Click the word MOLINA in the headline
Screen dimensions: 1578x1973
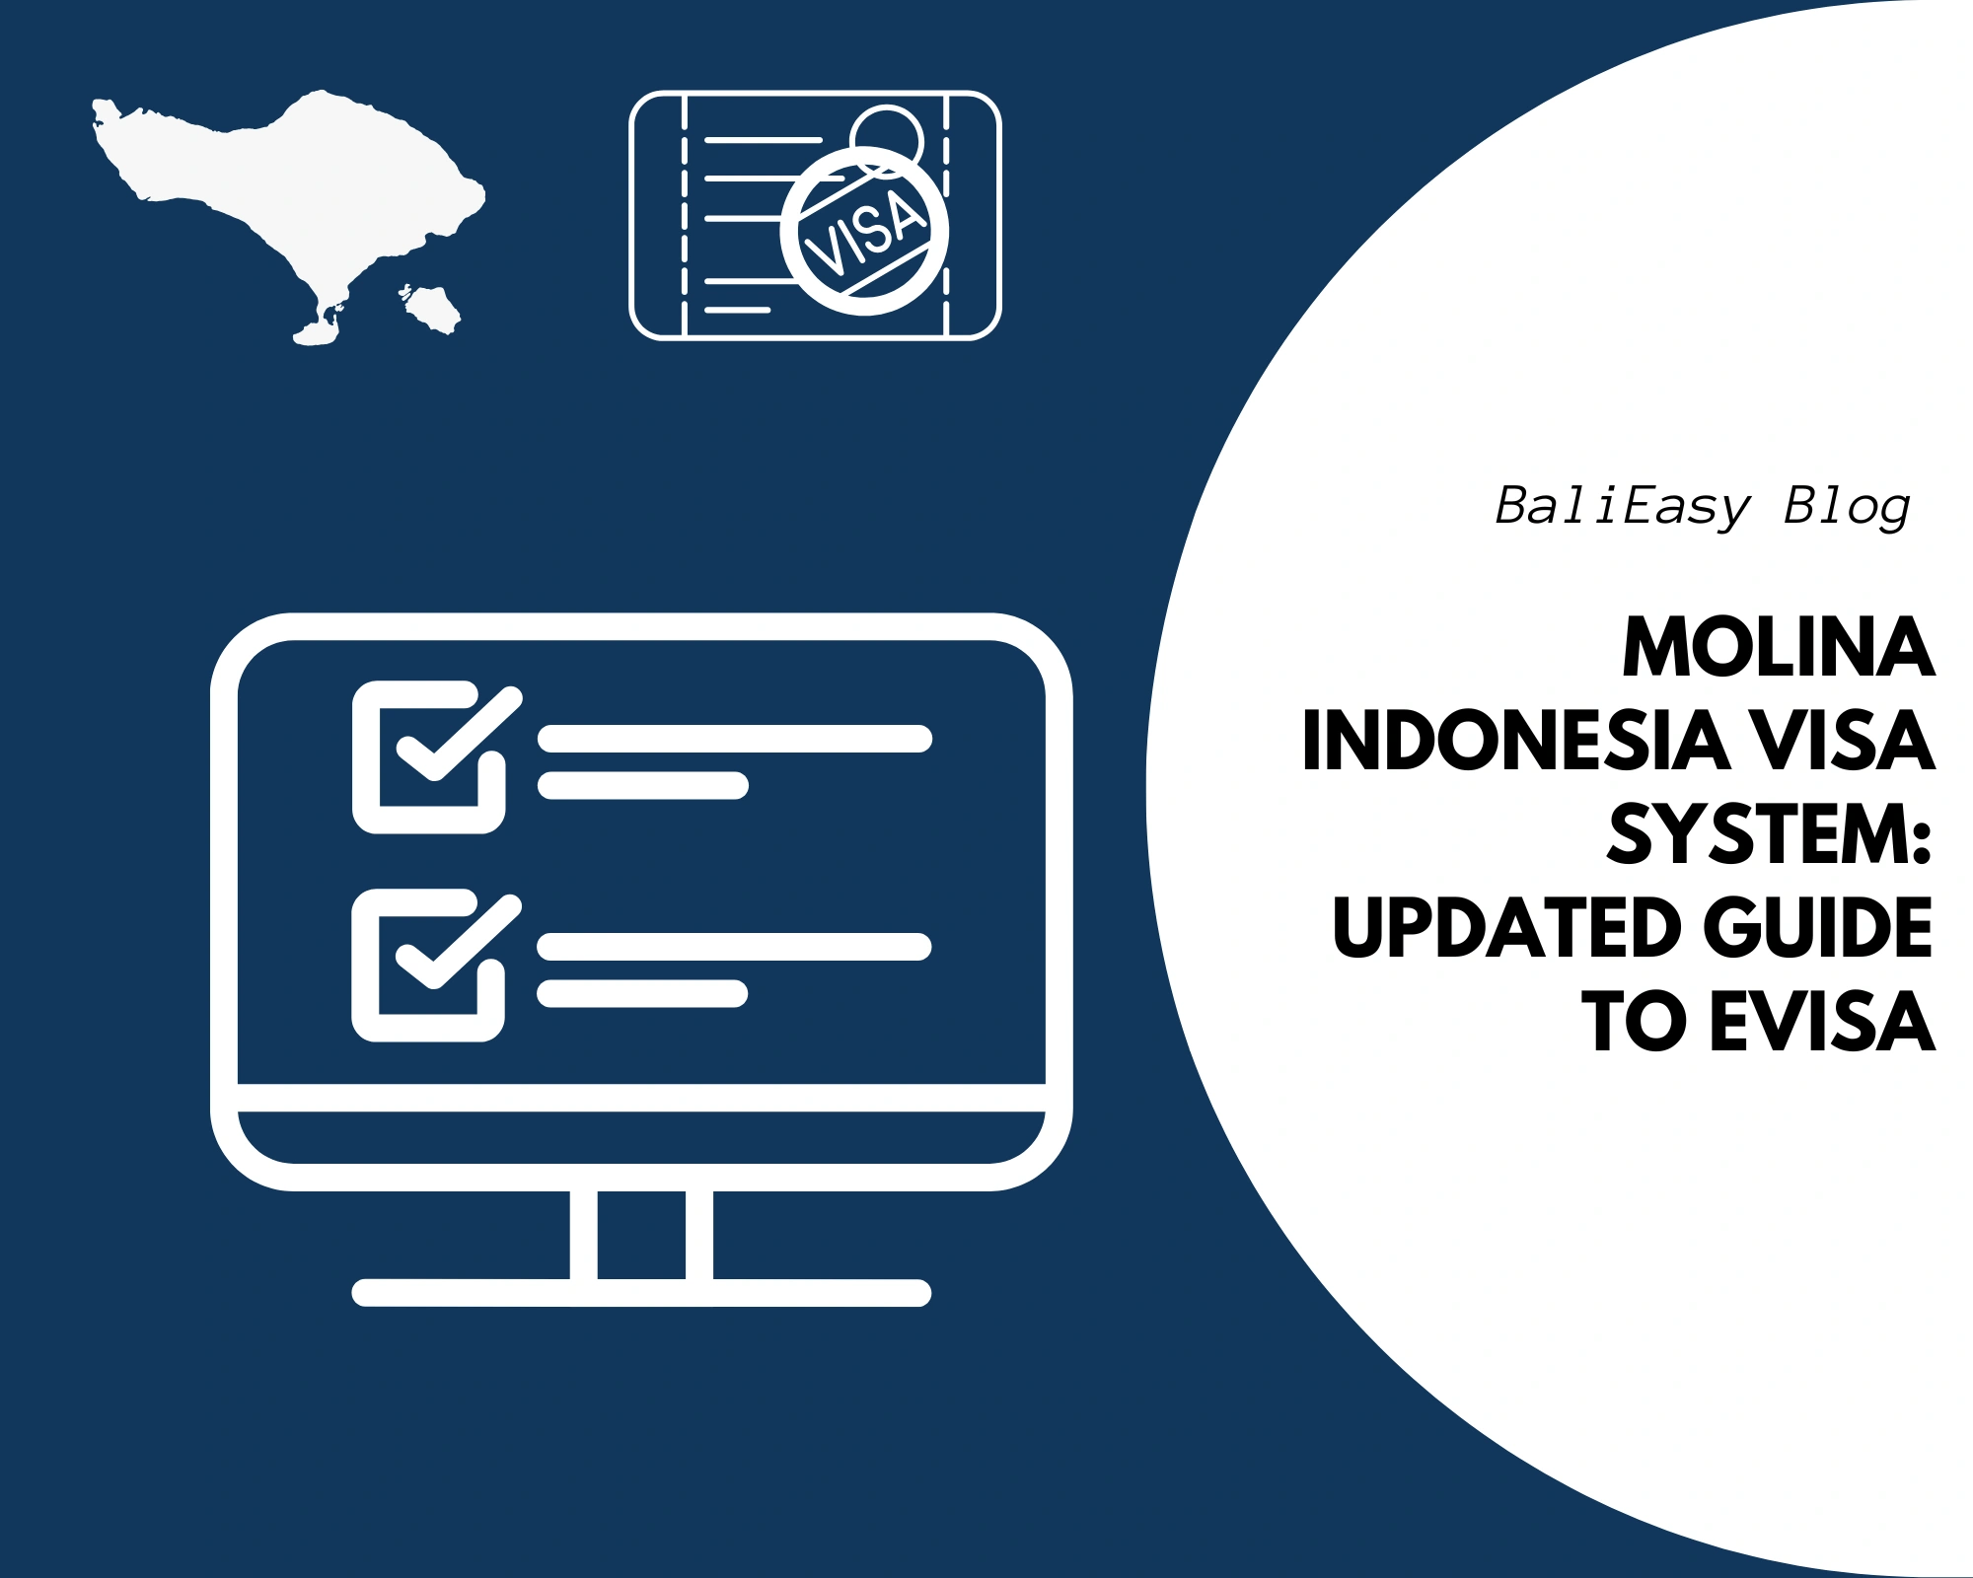(x=1778, y=649)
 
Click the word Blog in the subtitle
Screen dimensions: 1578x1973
(x=1847, y=507)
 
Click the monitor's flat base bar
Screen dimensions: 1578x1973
(x=641, y=1292)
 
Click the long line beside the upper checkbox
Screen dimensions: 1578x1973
(x=735, y=739)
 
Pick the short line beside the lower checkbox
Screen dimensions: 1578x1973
(x=642, y=993)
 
